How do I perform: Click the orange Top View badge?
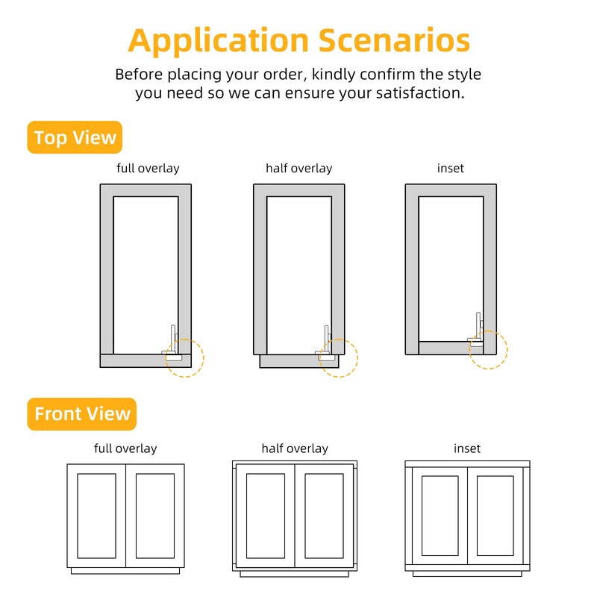[75, 137]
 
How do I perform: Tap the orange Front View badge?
[82, 414]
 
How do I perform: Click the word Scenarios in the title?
[394, 40]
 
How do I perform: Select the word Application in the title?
[218, 42]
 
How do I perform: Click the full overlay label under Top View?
[148, 169]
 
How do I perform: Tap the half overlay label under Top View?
[299, 169]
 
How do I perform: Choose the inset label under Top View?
[451, 169]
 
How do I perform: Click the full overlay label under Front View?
[125, 448]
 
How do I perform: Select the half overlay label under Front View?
[295, 448]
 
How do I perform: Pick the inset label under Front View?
[467, 448]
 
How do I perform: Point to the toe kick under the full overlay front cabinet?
[125, 571]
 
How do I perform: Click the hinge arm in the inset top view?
[478, 327]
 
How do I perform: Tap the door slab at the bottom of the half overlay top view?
[299, 361]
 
